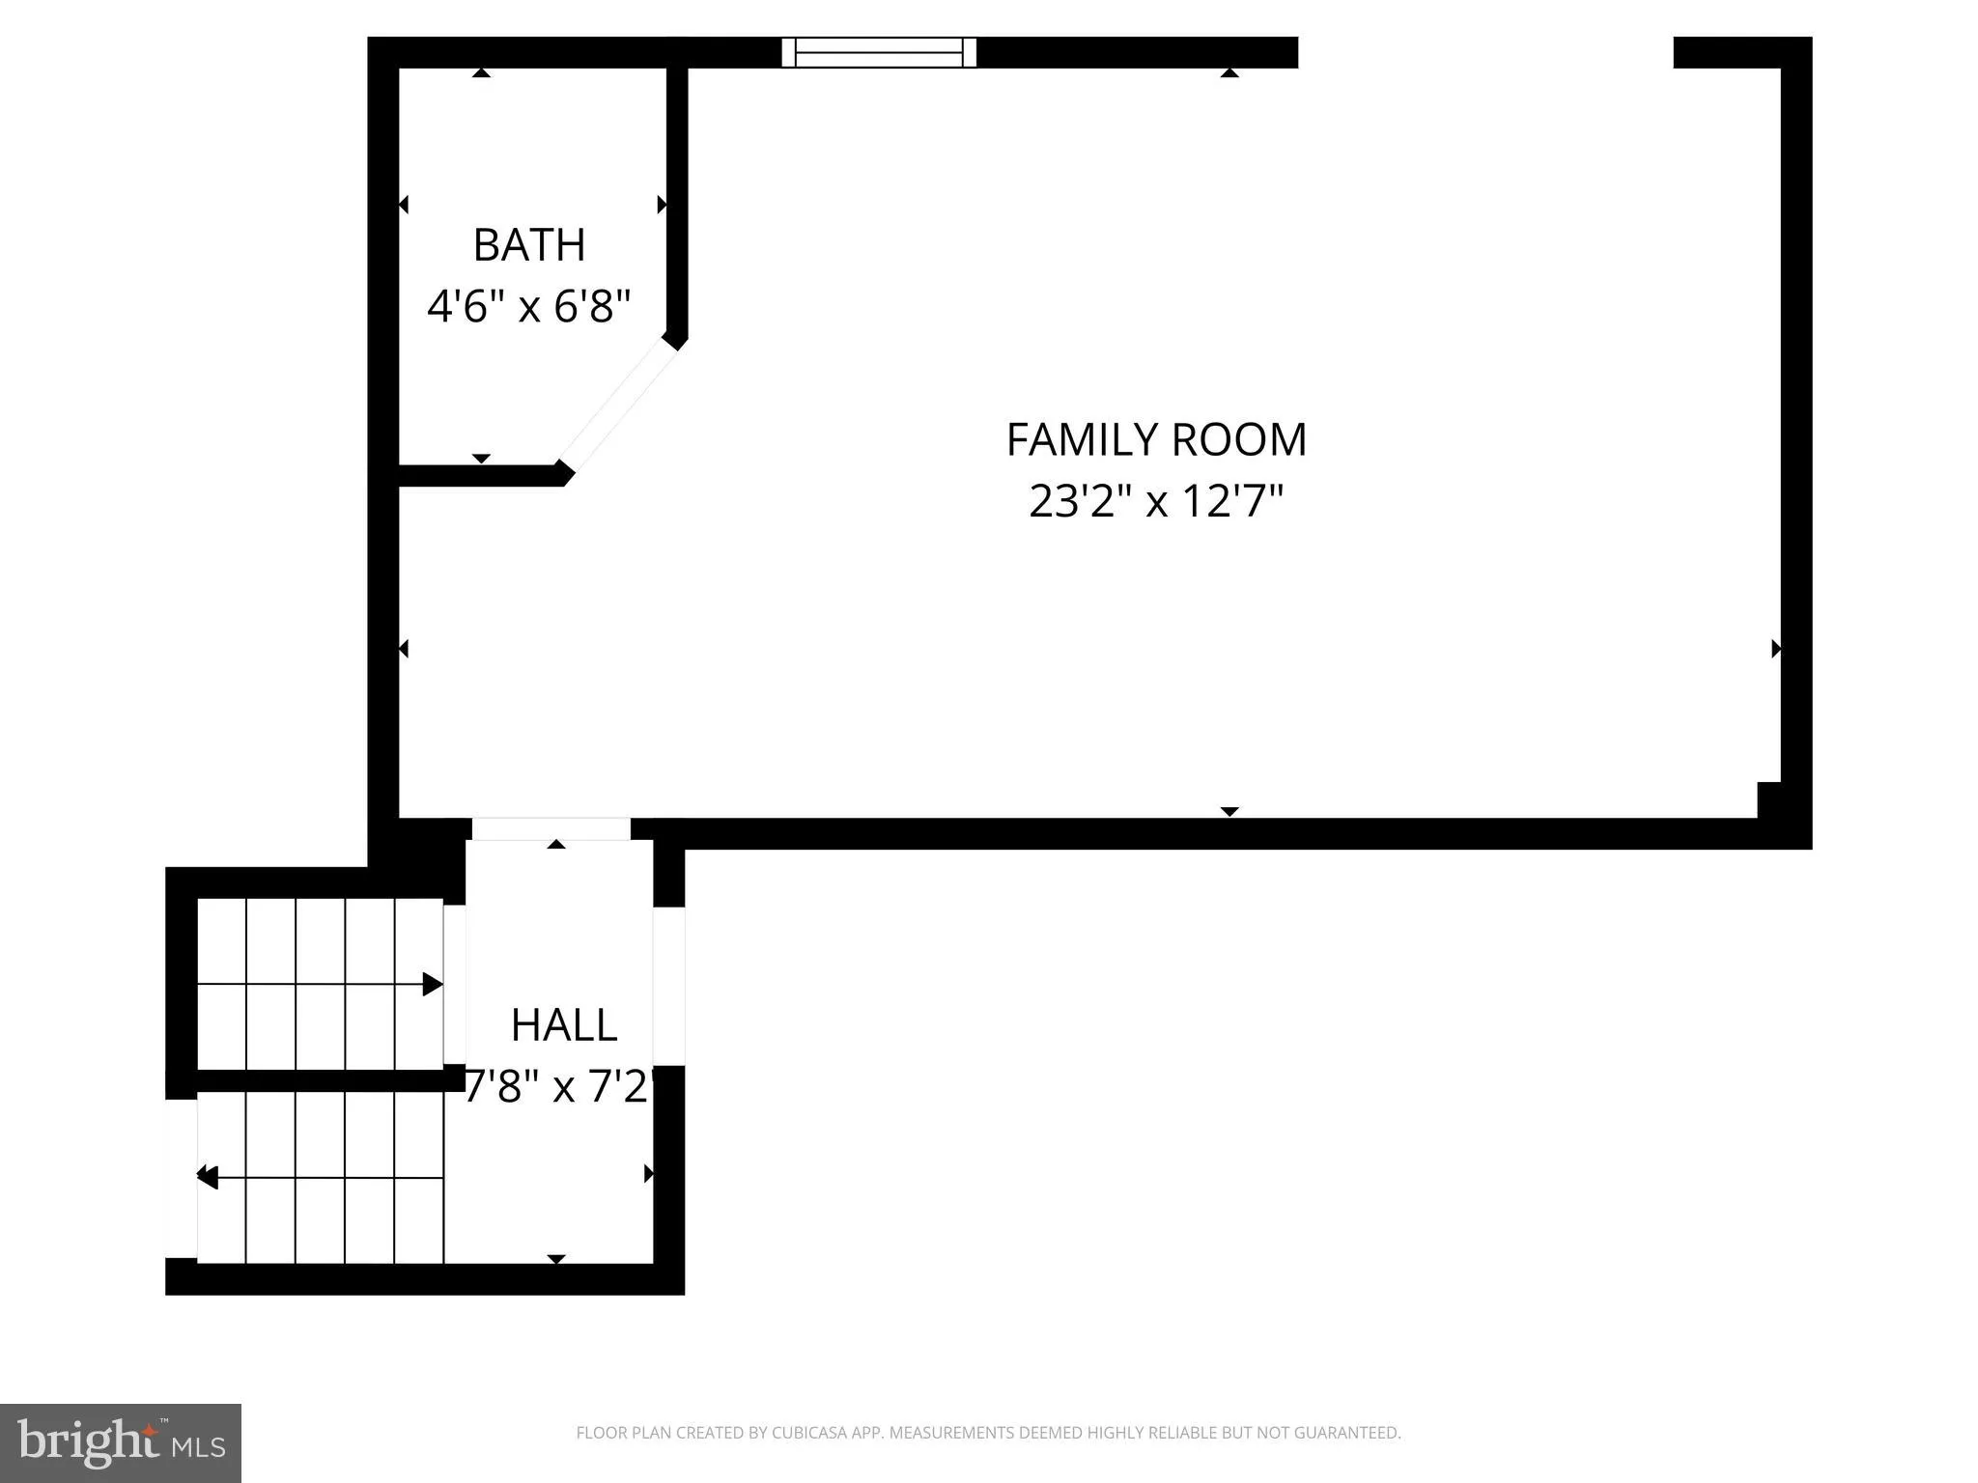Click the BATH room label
tap(529, 245)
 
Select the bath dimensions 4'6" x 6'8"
tap(529, 307)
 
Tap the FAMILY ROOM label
tap(1156, 440)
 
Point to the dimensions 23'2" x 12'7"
tap(1156, 501)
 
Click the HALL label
tap(563, 1025)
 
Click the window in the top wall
tap(879, 52)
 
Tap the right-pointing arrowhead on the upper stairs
tap(433, 985)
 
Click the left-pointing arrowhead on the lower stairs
tap(208, 1177)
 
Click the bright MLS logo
tap(121, 1442)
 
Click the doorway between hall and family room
tap(551, 828)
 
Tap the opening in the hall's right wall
tap(669, 986)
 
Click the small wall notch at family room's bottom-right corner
tap(1768, 799)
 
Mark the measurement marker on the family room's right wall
tap(1775, 649)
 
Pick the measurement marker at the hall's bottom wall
tap(556, 1258)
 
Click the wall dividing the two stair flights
tap(319, 1080)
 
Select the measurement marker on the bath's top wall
tap(482, 72)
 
